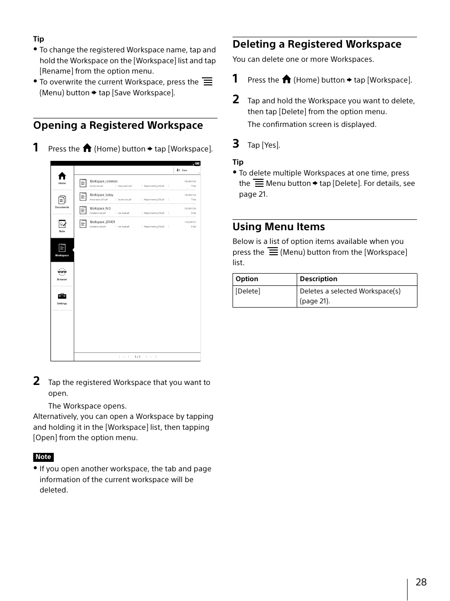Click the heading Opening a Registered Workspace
(x=118, y=125)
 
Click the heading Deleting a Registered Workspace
(x=317, y=44)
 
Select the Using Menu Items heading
(x=278, y=227)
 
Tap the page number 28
(x=421, y=582)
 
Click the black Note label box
(x=43, y=457)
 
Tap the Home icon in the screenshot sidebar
(x=62, y=177)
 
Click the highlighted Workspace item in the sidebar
(x=62, y=250)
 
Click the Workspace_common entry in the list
(x=104, y=181)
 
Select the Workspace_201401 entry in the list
(x=102, y=222)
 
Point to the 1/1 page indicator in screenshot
(x=137, y=357)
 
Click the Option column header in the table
(x=247, y=279)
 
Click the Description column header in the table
(x=318, y=279)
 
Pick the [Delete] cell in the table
(x=248, y=292)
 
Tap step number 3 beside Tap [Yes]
(x=236, y=144)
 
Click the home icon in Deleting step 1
(x=286, y=79)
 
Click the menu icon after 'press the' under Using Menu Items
(x=273, y=251)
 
